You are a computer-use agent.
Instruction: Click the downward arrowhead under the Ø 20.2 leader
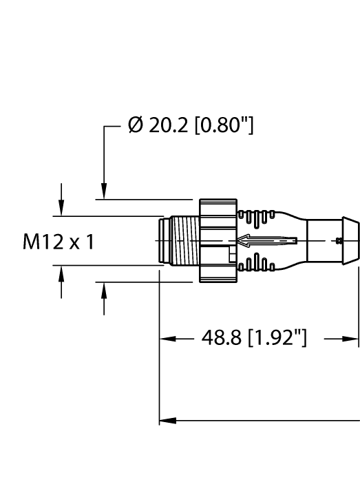click(104, 192)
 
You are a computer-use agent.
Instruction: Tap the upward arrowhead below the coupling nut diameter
click(104, 291)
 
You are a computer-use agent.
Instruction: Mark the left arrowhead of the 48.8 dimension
click(166, 339)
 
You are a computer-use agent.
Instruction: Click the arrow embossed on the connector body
click(266, 241)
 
